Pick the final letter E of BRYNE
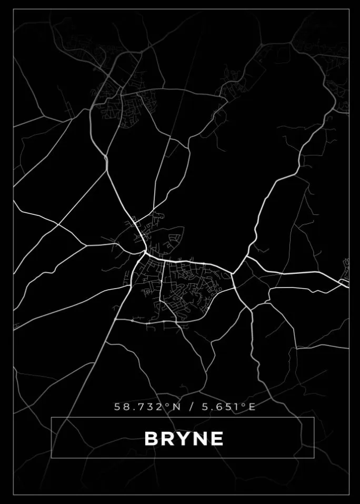click(x=216, y=439)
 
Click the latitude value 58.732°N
click(x=144, y=407)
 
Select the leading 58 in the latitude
click(x=121, y=407)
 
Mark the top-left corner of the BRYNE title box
click(x=51, y=418)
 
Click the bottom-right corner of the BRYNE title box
click(x=314, y=458)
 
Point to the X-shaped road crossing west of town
click(x=58, y=225)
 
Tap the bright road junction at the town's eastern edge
click(x=233, y=273)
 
